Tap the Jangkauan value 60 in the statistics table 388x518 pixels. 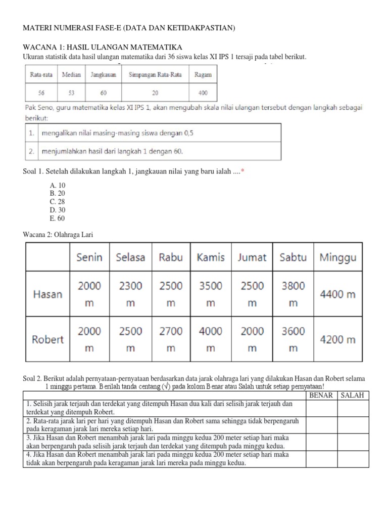103,93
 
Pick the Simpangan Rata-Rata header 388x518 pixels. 155,74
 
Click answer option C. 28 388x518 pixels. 58,202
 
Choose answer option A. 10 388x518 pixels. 58,186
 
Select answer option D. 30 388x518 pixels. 58,210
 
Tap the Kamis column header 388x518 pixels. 211,257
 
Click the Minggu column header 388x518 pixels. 337,257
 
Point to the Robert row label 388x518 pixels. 47,339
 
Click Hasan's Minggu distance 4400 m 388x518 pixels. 337,293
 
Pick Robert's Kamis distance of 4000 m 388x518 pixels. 211,339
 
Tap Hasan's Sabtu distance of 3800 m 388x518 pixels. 293,294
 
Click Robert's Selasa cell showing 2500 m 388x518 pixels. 130,339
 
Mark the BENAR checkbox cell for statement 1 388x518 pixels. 321,408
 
